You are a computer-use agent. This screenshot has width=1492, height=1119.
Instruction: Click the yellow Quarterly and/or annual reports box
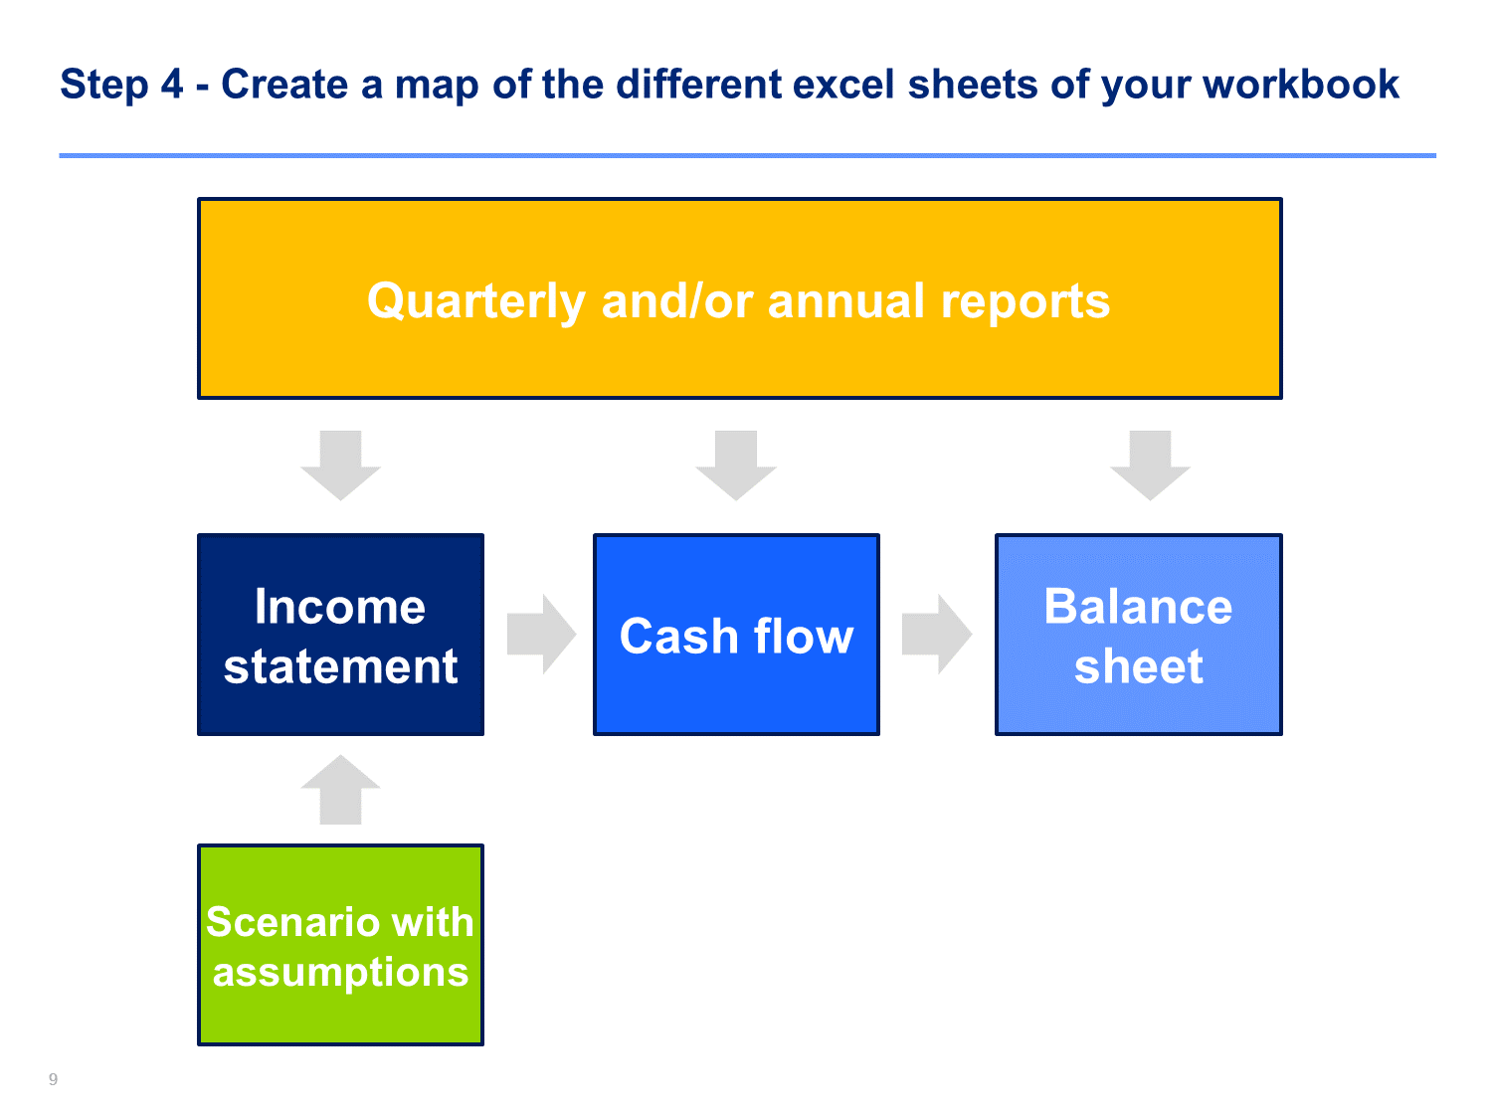pyautogui.click(x=739, y=298)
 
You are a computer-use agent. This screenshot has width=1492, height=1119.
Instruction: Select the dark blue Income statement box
pyautogui.click(x=340, y=634)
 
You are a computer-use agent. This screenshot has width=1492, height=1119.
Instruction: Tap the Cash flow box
pyautogui.click(x=736, y=634)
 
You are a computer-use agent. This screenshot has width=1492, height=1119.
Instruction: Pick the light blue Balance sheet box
pyautogui.click(x=1138, y=634)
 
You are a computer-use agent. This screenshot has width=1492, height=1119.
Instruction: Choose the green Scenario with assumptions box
pyautogui.click(x=340, y=944)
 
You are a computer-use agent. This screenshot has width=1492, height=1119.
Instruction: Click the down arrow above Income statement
pyautogui.click(x=340, y=466)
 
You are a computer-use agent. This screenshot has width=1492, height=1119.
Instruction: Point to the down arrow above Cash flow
pyautogui.click(x=736, y=466)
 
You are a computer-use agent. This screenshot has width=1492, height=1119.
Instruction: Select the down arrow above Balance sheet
pyautogui.click(x=1150, y=466)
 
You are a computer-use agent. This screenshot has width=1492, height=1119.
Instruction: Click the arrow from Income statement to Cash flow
pyautogui.click(x=542, y=634)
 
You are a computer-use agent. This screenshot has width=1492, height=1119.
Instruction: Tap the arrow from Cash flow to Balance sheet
pyautogui.click(x=937, y=634)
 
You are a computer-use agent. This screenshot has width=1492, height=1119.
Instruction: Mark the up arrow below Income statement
pyautogui.click(x=340, y=790)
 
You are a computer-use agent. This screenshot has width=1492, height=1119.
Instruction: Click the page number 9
pyautogui.click(x=53, y=1079)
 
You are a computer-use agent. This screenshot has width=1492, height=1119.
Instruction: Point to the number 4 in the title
pyautogui.click(x=172, y=84)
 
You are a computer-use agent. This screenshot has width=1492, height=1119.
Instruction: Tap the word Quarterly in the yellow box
pyautogui.click(x=476, y=301)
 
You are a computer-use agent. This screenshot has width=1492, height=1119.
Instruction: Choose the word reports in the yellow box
pyautogui.click(x=1026, y=303)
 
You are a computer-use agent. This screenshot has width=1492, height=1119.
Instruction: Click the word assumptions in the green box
pyautogui.click(x=340, y=973)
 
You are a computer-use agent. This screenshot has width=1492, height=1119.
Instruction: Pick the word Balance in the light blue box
pyautogui.click(x=1138, y=606)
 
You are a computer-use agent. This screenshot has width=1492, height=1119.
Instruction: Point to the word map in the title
pyautogui.click(x=437, y=87)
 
